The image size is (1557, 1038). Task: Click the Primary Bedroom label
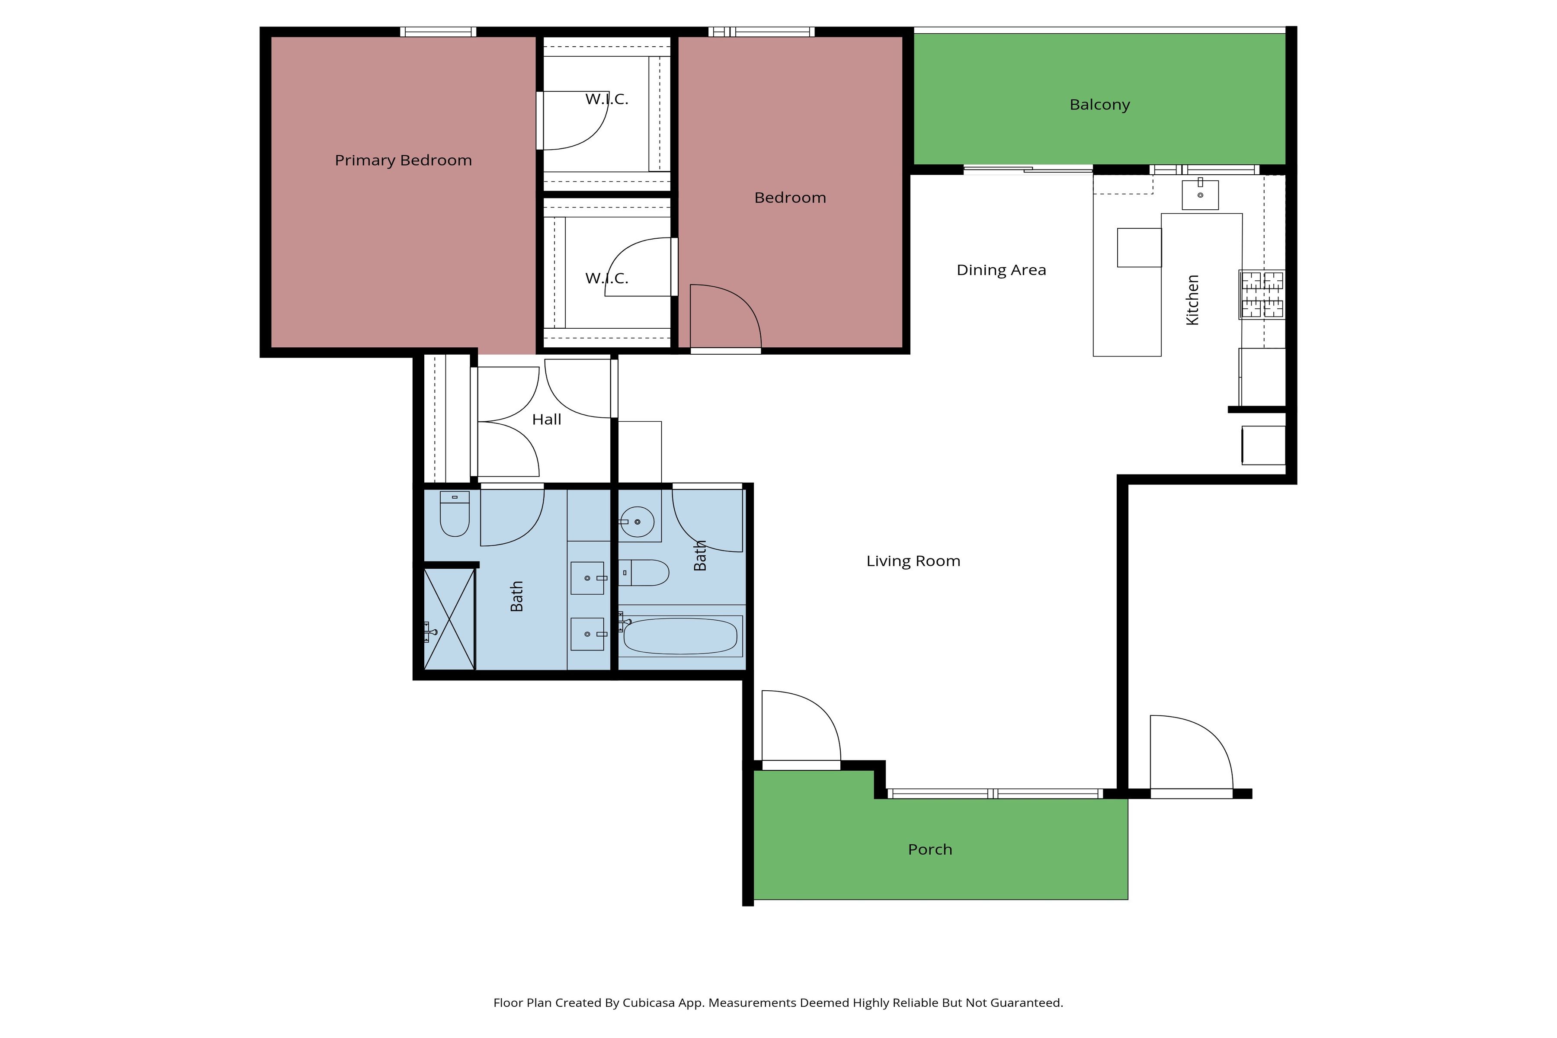pyautogui.click(x=403, y=160)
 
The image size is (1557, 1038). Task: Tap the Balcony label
pyautogui.click(x=1099, y=105)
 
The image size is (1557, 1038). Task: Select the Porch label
pyautogui.click(x=930, y=849)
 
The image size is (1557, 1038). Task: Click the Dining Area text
pyautogui.click(x=1001, y=270)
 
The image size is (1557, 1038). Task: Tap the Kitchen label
pyautogui.click(x=1192, y=300)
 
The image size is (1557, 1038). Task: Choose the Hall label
pyautogui.click(x=547, y=420)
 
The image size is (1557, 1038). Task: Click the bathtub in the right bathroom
pyautogui.click(x=680, y=636)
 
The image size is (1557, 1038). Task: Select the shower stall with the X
pyautogui.click(x=449, y=619)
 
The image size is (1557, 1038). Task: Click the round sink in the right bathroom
pyautogui.click(x=637, y=522)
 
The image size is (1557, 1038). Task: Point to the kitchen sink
pyautogui.click(x=1200, y=194)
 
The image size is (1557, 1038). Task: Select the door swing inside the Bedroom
pyautogui.click(x=726, y=317)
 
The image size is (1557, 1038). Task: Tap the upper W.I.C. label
pyautogui.click(x=606, y=99)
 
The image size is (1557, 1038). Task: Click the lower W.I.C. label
pyautogui.click(x=606, y=278)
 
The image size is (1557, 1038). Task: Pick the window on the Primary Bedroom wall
pyautogui.click(x=438, y=32)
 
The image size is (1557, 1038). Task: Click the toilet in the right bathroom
pyautogui.click(x=644, y=573)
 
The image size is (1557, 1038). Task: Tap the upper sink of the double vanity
pyautogui.click(x=588, y=578)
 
